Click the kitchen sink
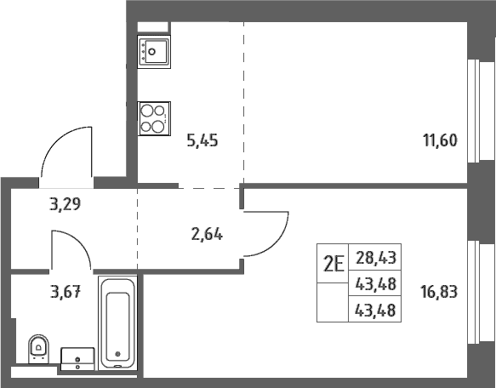[x=154, y=52]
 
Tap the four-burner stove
[x=154, y=118]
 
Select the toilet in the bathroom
[x=38, y=349]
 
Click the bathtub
[x=117, y=322]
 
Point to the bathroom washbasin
[x=77, y=359]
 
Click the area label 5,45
[x=202, y=140]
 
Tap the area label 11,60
[x=440, y=140]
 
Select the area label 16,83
[x=439, y=292]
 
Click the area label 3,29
[x=66, y=204]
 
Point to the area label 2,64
[x=207, y=235]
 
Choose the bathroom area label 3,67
[x=66, y=292]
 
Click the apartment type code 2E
[x=334, y=264]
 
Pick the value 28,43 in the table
[x=376, y=258]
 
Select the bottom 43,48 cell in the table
[x=375, y=310]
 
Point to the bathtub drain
[x=118, y=354]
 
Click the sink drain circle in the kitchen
[x=152, y=52]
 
